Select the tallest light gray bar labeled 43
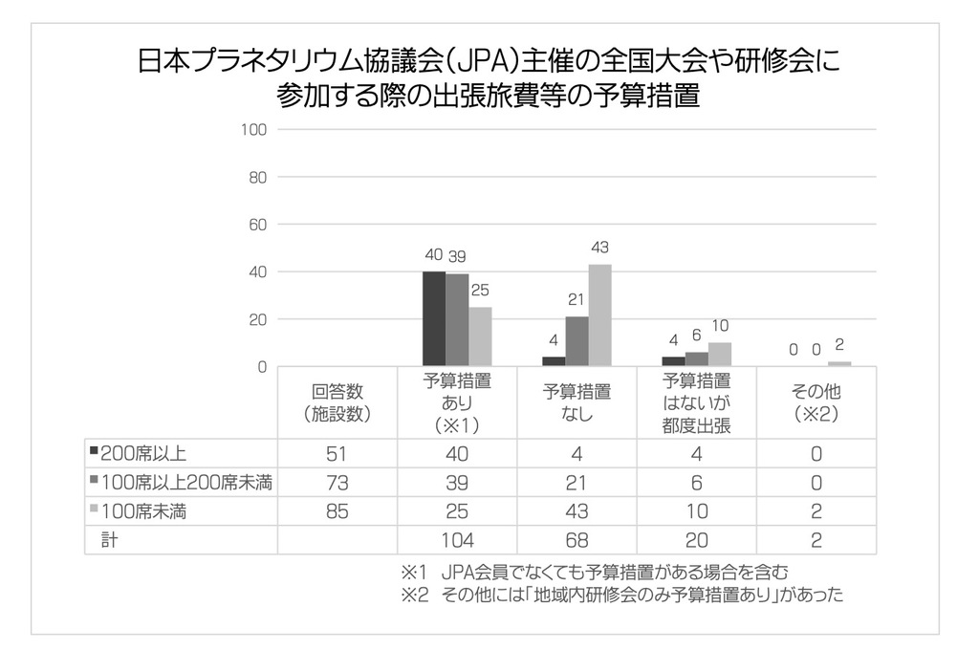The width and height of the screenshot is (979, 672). point(600,314)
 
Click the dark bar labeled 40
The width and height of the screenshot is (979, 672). point(434,318)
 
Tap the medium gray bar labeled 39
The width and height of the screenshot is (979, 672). point(457,319)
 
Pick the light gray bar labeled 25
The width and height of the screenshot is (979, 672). point(481,336)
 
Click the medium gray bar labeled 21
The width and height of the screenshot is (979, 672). point(577,341)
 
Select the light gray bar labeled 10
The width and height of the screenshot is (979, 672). point(720,354)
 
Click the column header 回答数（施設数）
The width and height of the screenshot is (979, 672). point(337,402)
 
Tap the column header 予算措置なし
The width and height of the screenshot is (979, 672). point(577,402)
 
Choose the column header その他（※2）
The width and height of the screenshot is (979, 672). point(816,402)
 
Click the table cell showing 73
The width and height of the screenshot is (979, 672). point(337,483)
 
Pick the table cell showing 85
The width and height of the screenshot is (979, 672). point(337,511)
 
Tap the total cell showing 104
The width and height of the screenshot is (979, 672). point(457,540)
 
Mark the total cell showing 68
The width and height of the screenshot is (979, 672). point(577,540)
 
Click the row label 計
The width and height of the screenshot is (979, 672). point(109,540)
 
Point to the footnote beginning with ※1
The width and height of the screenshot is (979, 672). point(595,574)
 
